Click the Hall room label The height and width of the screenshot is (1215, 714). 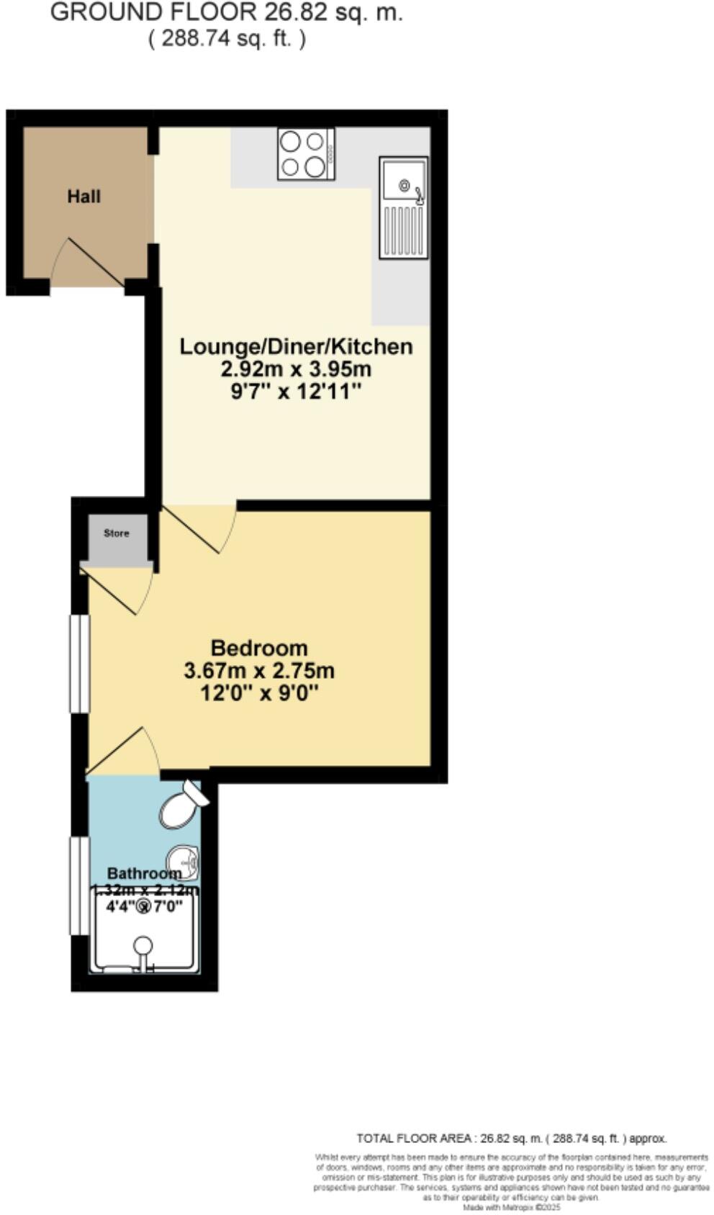coord(83,197)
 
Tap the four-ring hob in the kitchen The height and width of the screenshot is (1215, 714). coord(306,153)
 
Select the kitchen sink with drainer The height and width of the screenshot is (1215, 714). coord(403,207)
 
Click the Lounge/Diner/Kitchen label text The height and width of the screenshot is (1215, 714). coord(296,346)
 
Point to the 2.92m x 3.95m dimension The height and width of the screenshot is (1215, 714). coord(296,369)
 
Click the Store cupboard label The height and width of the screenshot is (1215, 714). coord(117,533)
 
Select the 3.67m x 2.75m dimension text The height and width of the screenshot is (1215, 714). coord(259,671)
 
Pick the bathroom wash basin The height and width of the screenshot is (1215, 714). coord(184,861)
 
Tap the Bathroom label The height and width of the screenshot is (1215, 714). coord(144,874)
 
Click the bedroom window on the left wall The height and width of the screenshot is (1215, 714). coord(79,663)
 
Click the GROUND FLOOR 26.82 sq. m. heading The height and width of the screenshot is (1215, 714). coord(226,12)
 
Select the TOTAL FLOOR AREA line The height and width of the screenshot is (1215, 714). coord(512,1138)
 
